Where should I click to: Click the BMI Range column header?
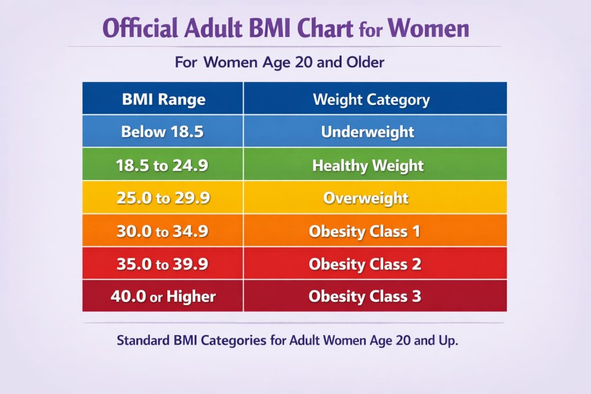163,99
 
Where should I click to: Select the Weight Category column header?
371,99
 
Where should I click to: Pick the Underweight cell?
368,132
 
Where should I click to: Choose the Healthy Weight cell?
368,166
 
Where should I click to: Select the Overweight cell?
366,198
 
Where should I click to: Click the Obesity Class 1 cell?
365,231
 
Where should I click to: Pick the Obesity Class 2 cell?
365,264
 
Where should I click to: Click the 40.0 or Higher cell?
163,297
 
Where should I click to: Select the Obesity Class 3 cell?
365,297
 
